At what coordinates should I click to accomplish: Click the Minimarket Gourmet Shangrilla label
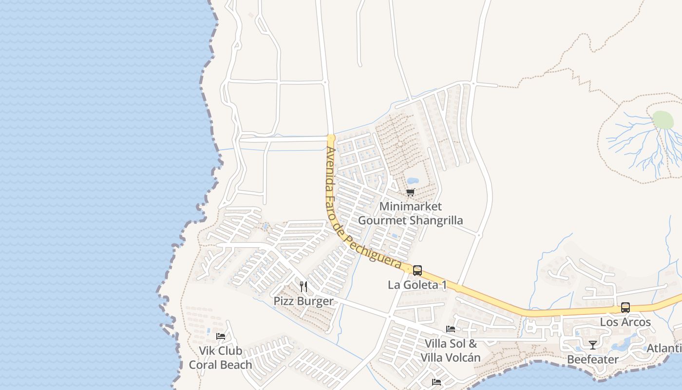(x=410, y=214)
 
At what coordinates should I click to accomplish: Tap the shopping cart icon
(x=410, y=193)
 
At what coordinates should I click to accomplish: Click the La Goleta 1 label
(x=417, y=285)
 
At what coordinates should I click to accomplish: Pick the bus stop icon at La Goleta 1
(x=417, y=271)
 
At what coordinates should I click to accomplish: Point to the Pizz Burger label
(x=303, y=301)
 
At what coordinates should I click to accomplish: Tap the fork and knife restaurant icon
(x=303, y=286)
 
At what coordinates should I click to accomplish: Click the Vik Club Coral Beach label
(x=220, y=358)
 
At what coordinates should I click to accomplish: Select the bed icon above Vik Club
(x=221, y=336)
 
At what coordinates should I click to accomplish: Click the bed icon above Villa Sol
(x=451, y=329)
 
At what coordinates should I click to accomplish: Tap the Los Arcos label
(x=625, y=322)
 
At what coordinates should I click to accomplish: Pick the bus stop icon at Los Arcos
(x=625, y=308)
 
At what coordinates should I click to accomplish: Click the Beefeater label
(x=592, y=359)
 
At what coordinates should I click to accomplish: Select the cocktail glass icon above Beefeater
(x=593, y=345)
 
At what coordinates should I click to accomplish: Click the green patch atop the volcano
(x=663, y=120)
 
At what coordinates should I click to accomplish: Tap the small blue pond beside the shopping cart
(x=413, y=181)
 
